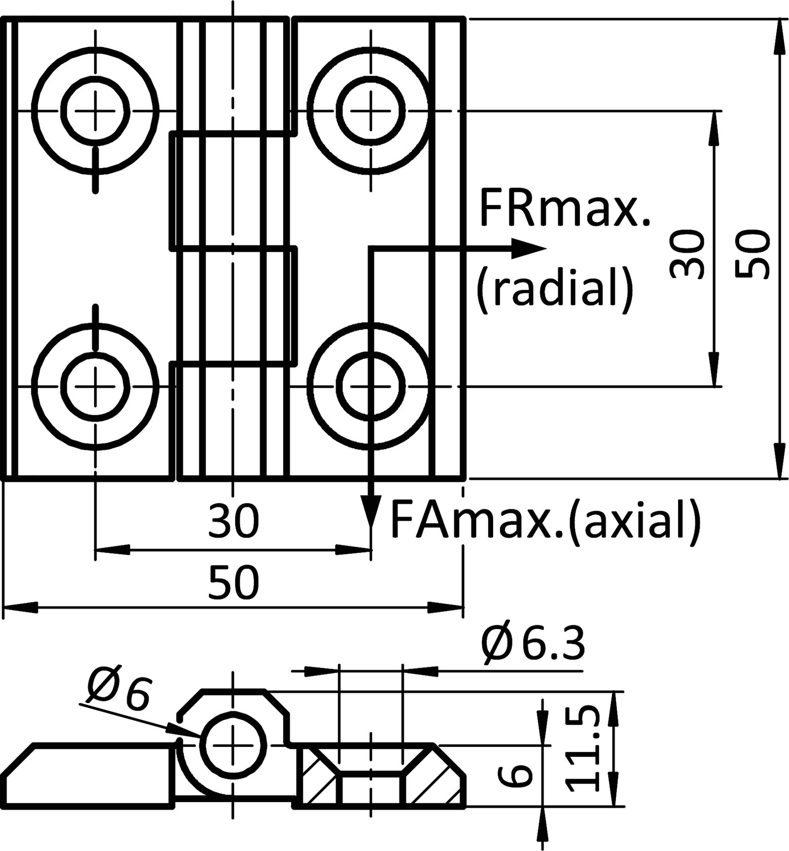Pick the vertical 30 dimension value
pos(686,254)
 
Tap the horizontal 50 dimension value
pos(233,582)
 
